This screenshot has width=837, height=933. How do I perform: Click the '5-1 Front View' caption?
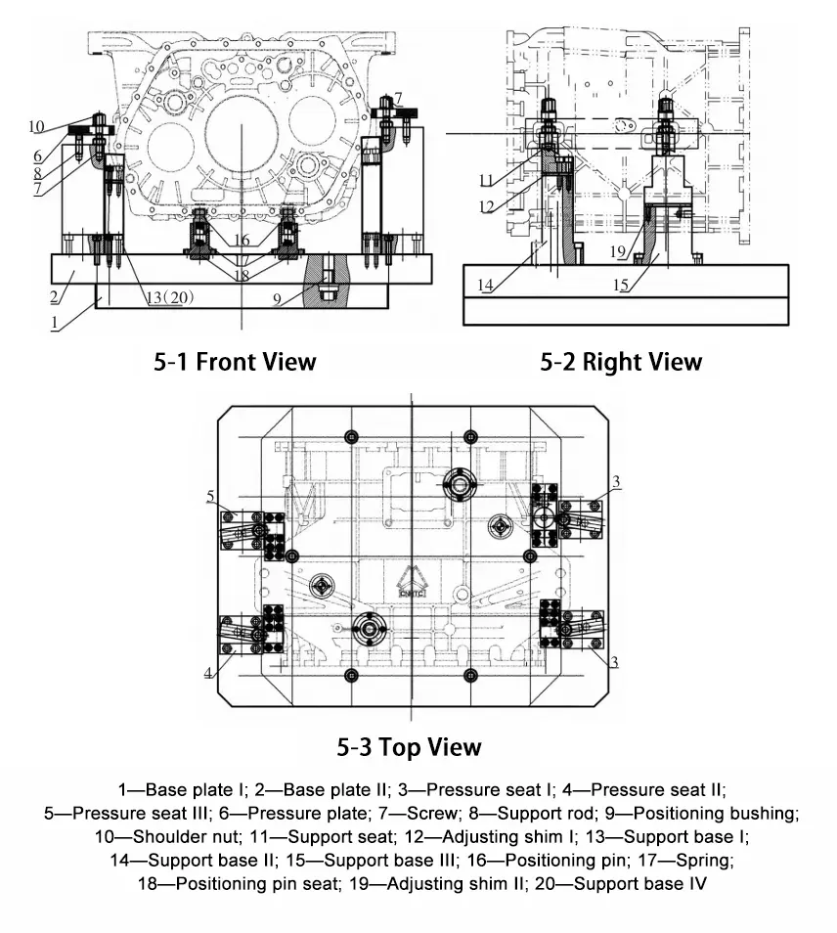(236, 362)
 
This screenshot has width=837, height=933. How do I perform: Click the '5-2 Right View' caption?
(621, 362)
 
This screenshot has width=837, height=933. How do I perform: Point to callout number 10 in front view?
(36, 126)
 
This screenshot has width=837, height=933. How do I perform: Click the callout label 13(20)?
(167, 297)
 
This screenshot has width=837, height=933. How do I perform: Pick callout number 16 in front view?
(241, 240)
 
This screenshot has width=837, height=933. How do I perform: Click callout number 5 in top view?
(211, 497)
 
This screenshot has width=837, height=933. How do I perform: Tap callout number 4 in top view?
(208, 673)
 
